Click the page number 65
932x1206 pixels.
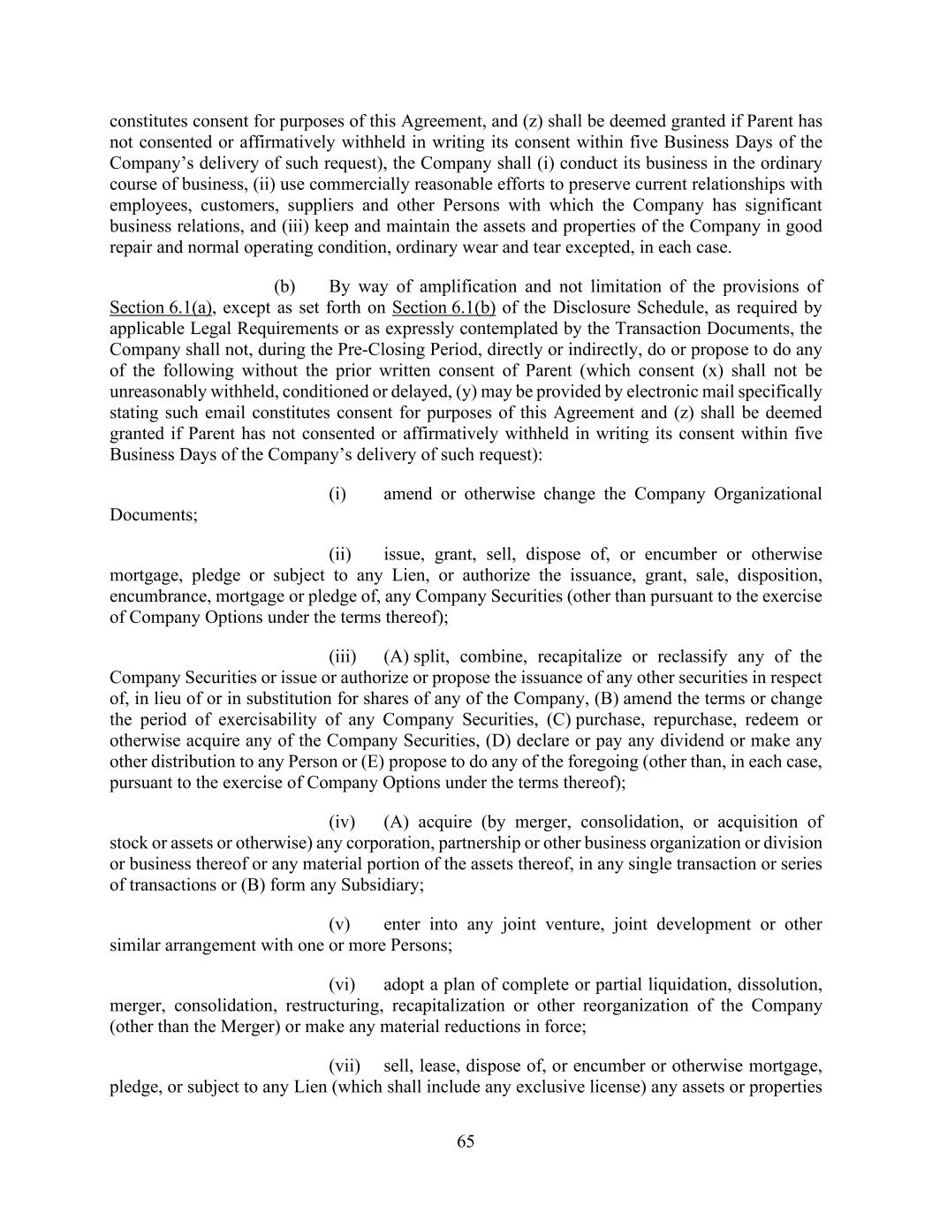coord(466,1142)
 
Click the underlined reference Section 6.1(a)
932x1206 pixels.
coord(160,307)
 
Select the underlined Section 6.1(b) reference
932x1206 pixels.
coord(443,307)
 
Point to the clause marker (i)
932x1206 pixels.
coord(337,494)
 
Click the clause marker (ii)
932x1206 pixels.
coord(340,555)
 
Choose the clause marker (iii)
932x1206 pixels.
coord(343,656)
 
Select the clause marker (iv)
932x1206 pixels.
coord(342,822)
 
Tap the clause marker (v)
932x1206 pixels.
coord(339,924)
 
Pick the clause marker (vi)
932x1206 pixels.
coord(342,984)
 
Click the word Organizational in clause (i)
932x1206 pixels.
coord(771,494)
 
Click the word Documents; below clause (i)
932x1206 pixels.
coord(153,515)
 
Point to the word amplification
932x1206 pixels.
coord(468,286)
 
